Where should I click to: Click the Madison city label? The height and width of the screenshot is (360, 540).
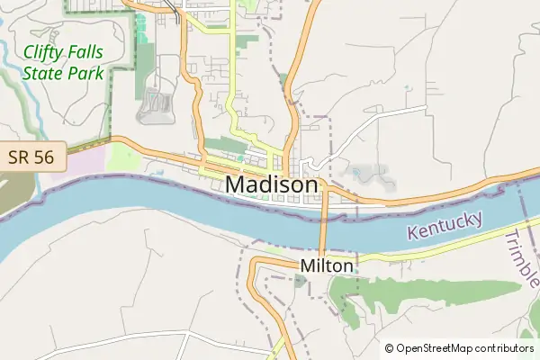pos(272,184)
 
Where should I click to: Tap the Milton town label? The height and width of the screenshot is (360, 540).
pos(327,266)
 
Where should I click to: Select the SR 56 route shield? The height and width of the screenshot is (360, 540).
pos(31,157)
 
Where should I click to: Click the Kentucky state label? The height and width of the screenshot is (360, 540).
pos(445,225)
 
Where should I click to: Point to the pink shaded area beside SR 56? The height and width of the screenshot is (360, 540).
pos(76,171)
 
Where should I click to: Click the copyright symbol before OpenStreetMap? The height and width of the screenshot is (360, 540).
pos(390,348)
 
